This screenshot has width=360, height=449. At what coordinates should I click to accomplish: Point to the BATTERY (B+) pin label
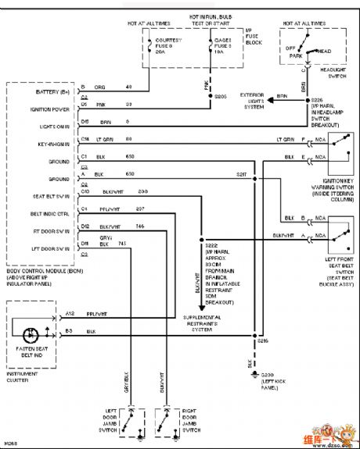click(33, 91)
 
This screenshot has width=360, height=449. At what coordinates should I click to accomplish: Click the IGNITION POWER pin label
click(34, 106)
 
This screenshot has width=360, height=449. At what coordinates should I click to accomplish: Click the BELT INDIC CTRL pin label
click(35, 212)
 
